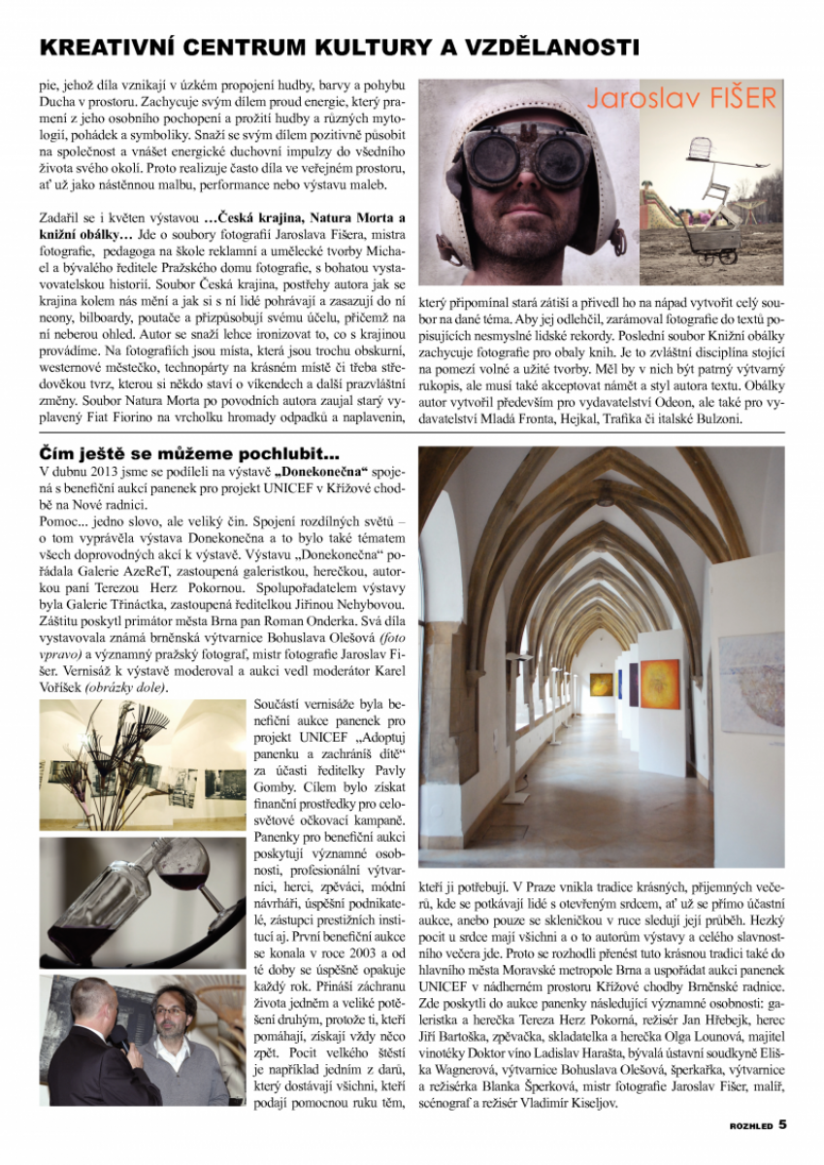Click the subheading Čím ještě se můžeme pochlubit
tap(188, 451)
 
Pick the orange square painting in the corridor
tap(660, 682)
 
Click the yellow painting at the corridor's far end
tap(602, 683)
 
